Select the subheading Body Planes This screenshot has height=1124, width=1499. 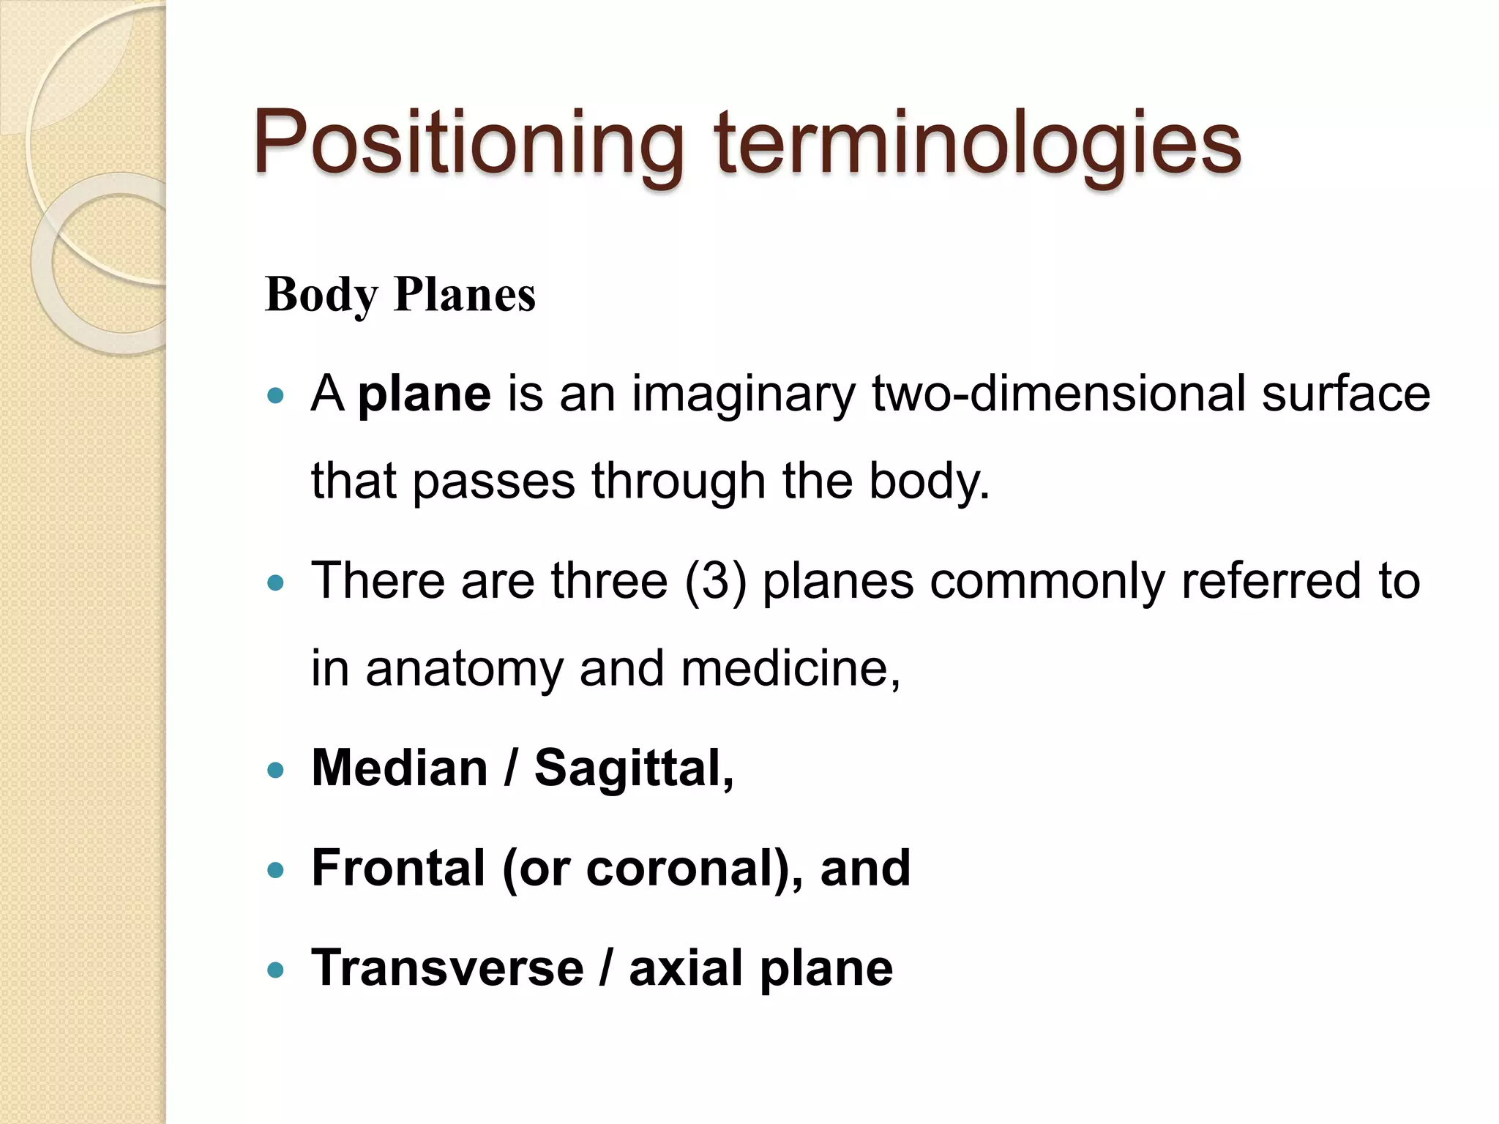pyautogui.click(x=400, y=295)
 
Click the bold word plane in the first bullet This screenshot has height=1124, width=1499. pyautogui.click(x=425, y=394)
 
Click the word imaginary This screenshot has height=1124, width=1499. pyautogui.click(x=744, y=394)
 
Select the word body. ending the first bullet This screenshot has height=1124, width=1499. pyautogui.click(x=929, y=481)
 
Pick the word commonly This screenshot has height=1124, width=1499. pyautogui.click(x=1046, y=582)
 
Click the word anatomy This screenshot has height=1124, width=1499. pyautogui.click(x=464, y=669)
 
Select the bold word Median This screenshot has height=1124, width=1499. pyautogui.click(x=400, y=768)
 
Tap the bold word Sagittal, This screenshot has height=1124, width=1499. pyautogui.click(x=634, y=768)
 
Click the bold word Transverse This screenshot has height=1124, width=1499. pyautogui.click(x=447, y=967)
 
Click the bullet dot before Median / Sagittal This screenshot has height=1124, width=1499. pyautogui.click(x=276, y=771)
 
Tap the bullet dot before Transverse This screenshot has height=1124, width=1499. pyautogui.click(x=276, y=970)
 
